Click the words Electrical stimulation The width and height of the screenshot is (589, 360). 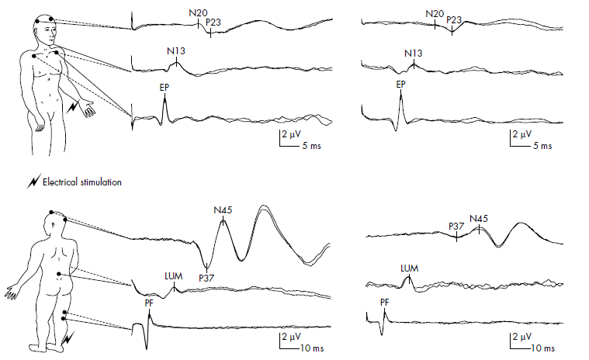pos(82,182)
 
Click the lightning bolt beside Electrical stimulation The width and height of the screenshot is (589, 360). pos(33,182)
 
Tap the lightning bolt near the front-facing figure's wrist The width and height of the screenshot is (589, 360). pos(72,106)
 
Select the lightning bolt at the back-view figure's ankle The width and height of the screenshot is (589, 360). pos(69,338)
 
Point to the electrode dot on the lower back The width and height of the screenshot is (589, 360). pos(59,275)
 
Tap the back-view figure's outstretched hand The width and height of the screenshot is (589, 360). pos(11,292)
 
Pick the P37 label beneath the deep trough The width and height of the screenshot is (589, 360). pos(206,279)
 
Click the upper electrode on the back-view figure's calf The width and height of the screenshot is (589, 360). pos(65,312)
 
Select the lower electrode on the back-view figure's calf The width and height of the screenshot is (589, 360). pos(64,319)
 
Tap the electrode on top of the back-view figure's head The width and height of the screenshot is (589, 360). pos(51,212)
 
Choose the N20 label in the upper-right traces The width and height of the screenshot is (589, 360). pos(435,14)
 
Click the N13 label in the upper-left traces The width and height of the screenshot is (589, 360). pos(176,51)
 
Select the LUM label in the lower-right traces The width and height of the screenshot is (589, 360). pos(410,268)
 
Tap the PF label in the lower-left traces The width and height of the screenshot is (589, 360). pos(149,303)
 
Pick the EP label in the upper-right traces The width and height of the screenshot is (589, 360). pos(400,85)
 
